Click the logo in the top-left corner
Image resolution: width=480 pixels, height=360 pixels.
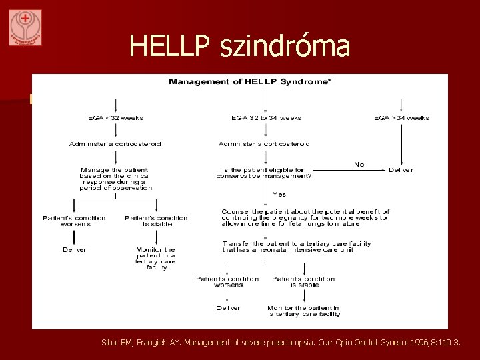(25, 27)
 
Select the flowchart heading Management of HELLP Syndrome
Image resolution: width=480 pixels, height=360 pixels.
(251, 81)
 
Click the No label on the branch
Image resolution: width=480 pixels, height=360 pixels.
(359, 164)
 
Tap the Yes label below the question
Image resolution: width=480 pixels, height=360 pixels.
(279, 194)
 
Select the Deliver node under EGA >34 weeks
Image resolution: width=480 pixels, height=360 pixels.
(401, 170)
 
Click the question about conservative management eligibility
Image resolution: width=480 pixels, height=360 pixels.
(265, 173)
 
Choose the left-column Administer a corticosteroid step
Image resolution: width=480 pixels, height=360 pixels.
(116, 143)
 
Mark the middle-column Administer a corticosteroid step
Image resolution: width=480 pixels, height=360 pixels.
(265, 143)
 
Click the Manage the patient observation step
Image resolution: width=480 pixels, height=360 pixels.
(116, 179)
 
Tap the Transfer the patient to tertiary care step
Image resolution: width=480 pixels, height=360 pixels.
(296, 247)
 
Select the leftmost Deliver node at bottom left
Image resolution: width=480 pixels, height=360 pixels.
(75, 249)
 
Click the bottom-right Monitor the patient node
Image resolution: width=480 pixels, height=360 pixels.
(303, 311)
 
